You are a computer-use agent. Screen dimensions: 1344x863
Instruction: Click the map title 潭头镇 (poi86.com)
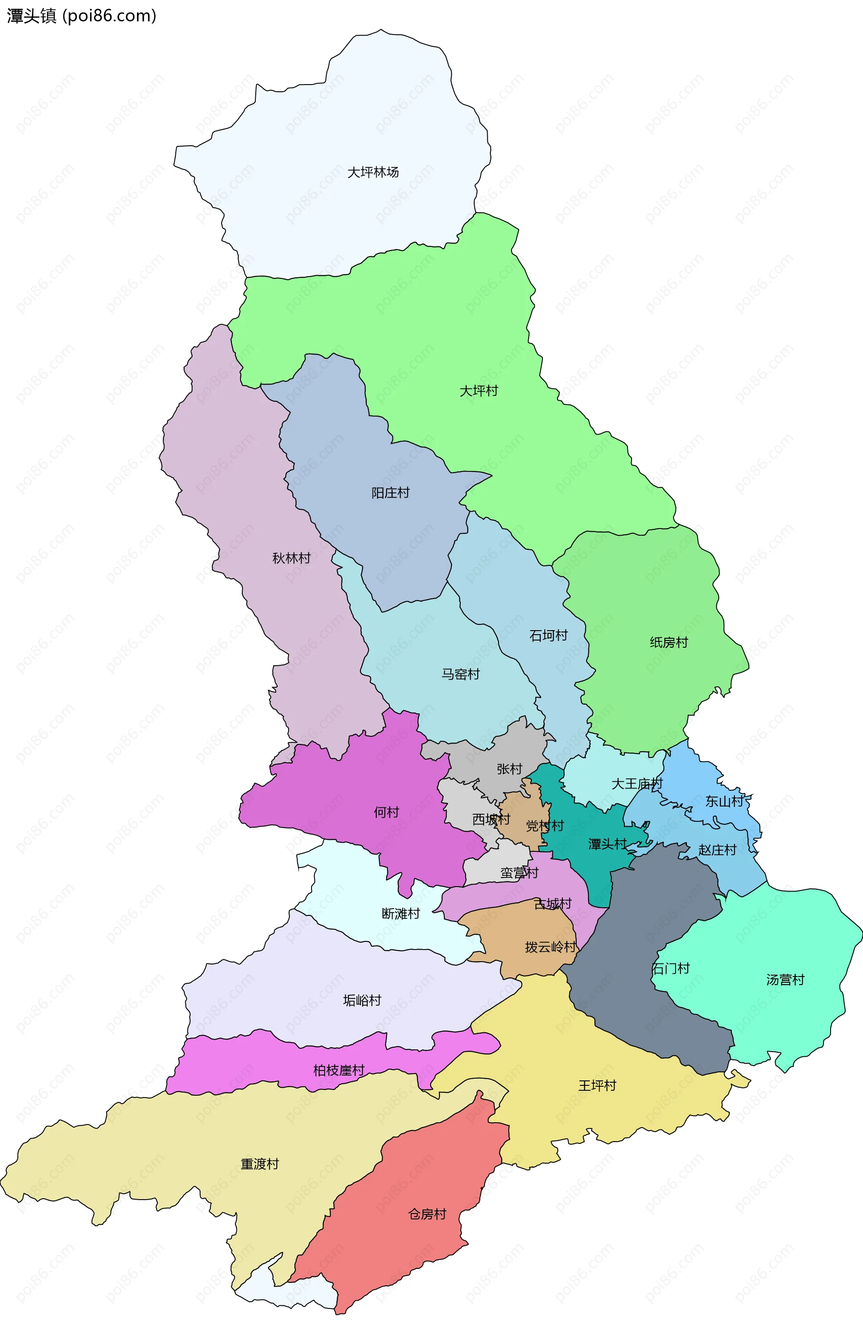[81, 16]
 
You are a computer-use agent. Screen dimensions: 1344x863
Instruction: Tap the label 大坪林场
[373, 172]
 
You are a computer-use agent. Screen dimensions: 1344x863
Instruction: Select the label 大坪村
[479, 391]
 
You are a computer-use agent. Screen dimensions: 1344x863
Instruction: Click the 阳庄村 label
[391, 493]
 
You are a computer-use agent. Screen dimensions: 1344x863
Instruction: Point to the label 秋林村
[291, 558]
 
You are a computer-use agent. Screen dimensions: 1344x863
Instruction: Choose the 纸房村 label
[668, 643]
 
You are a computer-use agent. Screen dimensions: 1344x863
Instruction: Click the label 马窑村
[460, 674]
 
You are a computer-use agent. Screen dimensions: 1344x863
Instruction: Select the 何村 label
[386, 812]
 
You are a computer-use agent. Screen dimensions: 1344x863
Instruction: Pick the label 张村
[509, 769]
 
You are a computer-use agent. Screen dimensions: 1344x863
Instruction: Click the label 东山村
[724, 801]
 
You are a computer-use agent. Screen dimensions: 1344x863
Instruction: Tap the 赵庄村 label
[717, 850]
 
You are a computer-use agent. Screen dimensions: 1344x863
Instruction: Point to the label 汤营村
[785, 980]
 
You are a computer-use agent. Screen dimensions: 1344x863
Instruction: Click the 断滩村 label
[400, 914]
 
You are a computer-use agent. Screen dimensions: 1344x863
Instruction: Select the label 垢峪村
[362, 1000]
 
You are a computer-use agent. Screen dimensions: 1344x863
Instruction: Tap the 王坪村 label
[597, 1085]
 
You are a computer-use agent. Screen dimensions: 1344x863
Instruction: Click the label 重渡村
[259, 1164]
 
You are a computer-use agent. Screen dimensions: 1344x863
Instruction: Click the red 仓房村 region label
[427, 1214]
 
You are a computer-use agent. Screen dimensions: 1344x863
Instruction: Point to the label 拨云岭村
[550, 947]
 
